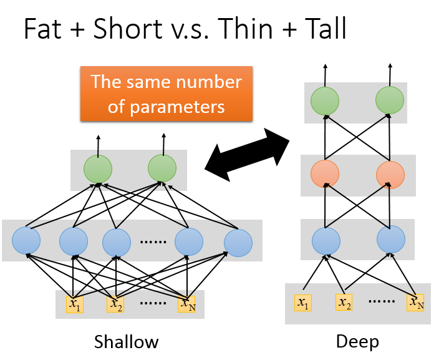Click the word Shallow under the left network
point(127,341)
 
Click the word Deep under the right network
point(357,342)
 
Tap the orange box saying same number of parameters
point(166,94)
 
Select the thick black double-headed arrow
point(247,155)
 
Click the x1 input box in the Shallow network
point(75,304)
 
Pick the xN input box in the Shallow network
point(186,304)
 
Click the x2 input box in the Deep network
point(344,302)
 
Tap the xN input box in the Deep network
point(415,303)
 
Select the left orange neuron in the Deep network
point(325,173)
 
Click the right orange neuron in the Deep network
point(390,175)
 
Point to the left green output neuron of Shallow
point(98,169)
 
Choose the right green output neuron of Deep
point(390,100)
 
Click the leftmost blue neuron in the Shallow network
point(26,240)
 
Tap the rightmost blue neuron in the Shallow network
point(238,243)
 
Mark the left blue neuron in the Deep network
point(326,241)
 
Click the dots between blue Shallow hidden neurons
point(153,242)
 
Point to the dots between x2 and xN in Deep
point(382,301)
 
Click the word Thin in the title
point(245,29)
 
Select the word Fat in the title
point(43,29)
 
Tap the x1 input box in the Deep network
point(303,303)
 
